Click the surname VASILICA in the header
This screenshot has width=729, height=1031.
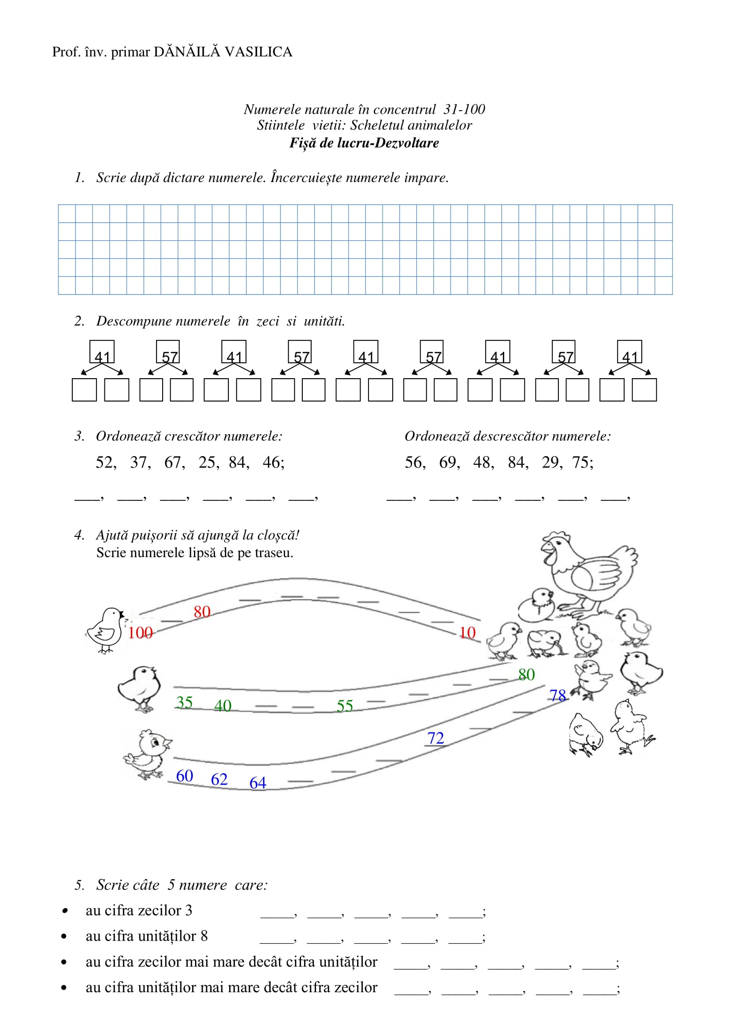259,52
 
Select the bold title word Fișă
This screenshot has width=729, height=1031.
302,143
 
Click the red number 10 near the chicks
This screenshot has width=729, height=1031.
467,633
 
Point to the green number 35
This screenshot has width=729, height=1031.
184,702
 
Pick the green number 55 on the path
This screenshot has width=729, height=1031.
345,706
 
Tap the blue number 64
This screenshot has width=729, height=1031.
258,783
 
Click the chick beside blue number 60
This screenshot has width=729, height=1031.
147,754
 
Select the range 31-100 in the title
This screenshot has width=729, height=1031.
464,110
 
